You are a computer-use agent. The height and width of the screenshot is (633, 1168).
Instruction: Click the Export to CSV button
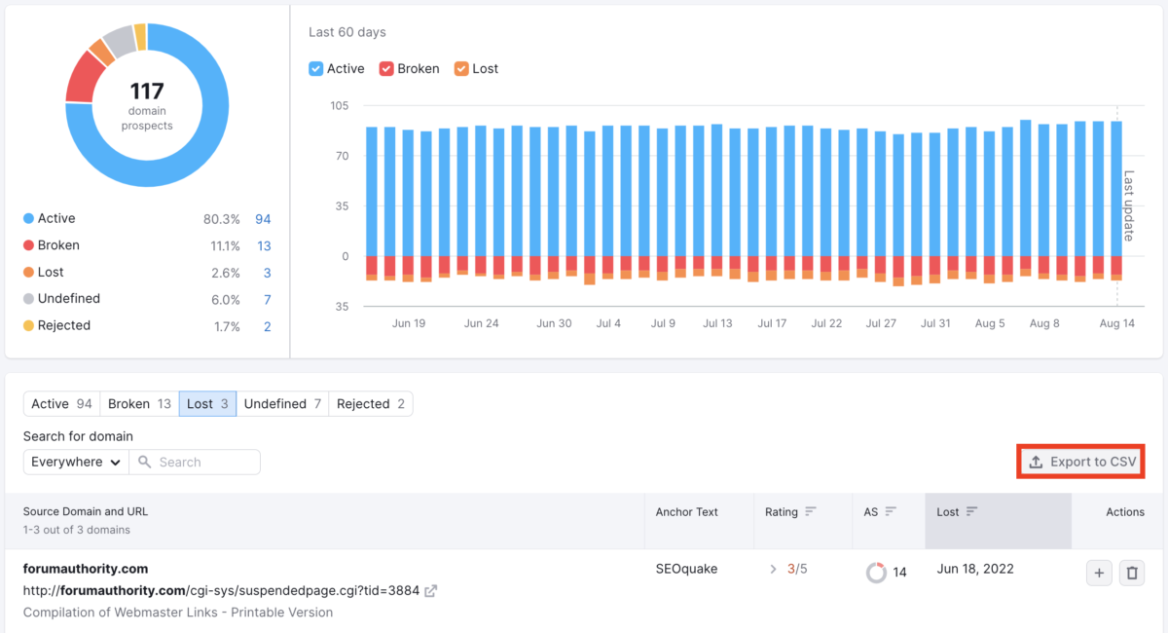click(x=1081, y=463)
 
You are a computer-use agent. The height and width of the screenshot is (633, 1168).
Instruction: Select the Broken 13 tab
click(x=139, y=404)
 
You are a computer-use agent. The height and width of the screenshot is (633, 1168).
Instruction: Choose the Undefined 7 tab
click(x=282, y=404)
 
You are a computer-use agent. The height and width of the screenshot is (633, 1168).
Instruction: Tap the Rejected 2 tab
click(x=371, y=404)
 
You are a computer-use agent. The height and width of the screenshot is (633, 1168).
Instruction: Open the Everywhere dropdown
click(x=76, y=463)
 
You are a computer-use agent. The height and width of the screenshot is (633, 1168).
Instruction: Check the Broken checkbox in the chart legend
click(x=386, y=69)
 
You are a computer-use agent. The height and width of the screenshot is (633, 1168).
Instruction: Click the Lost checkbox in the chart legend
click(x=461, y=69)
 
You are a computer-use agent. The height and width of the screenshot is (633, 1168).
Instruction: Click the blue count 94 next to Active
click(x=263, y=219)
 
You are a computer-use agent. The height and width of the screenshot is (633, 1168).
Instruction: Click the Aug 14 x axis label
click(x=1116, y=323)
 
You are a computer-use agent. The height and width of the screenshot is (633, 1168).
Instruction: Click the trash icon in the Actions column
click(x=1131, y=574)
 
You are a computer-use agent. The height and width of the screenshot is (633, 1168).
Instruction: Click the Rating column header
click(x=782, y=512)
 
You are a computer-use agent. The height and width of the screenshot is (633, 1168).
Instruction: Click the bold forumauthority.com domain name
click(x=86, y=569)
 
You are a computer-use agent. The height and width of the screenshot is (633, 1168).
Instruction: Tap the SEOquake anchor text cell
click(x=686, y=569)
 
